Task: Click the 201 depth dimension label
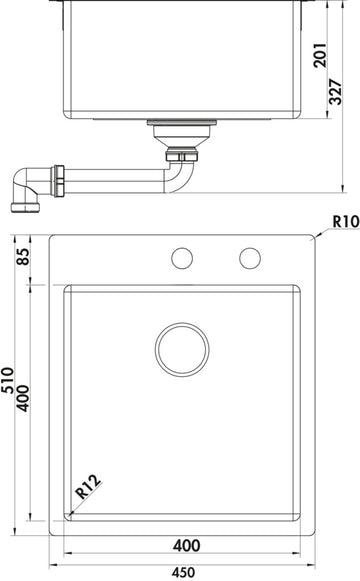(x=320, y=55)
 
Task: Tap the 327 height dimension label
(x=336, y=92)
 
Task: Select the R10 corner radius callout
(x=346, y=221)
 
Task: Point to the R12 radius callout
(x=88, y=486)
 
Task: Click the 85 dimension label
(x=23, y=256)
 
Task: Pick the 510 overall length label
(x=7, y=380)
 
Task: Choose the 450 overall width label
(x=183, y=573)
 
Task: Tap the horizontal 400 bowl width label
(x=187, y=545)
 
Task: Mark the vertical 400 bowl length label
(x=23, y=398)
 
